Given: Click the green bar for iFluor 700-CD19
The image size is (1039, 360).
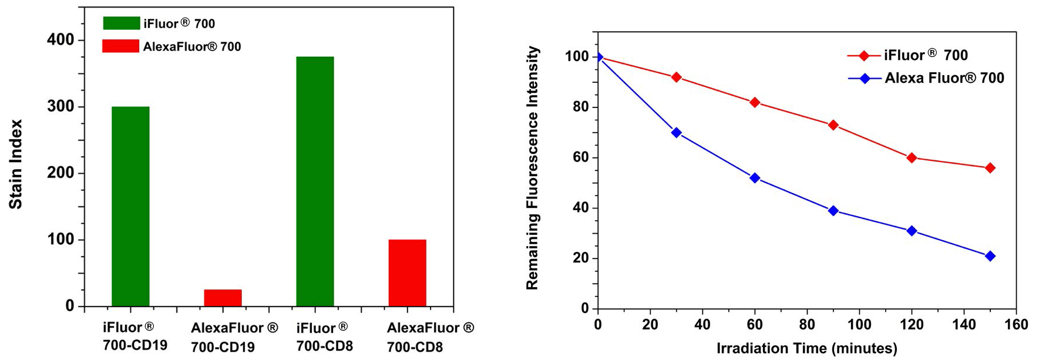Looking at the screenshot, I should (130, 206).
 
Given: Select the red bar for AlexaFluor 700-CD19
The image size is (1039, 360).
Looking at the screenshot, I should (223, 298).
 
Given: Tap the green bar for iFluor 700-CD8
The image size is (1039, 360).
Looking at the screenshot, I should (315, 181).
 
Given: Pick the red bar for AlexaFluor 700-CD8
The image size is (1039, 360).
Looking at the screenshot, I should (407, 272).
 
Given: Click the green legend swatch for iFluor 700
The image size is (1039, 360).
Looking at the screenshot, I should (121, 23).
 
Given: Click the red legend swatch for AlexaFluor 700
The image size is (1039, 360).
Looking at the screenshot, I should (121, 46).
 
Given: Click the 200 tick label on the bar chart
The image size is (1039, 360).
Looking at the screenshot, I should (61, 173).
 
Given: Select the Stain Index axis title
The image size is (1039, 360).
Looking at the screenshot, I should (16, 164).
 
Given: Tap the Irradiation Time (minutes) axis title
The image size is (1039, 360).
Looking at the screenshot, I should (806, 348).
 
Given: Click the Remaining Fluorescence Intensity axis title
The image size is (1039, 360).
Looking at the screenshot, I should (532, 168).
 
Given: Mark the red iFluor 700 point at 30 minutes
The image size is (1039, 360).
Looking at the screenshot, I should (676, 77).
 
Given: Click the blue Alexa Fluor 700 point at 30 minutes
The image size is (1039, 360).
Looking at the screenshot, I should (676, 133).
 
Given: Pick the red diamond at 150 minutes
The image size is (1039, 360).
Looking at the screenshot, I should (990, 168).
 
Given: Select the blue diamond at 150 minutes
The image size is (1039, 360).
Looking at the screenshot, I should (990, 256).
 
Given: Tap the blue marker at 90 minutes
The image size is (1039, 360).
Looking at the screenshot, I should (833, 211).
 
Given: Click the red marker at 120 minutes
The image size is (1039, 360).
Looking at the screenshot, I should (912, 158).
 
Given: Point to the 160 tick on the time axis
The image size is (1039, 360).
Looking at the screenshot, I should (1016, 325).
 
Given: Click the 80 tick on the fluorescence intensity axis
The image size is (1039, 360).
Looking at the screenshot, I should (581, 107).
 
